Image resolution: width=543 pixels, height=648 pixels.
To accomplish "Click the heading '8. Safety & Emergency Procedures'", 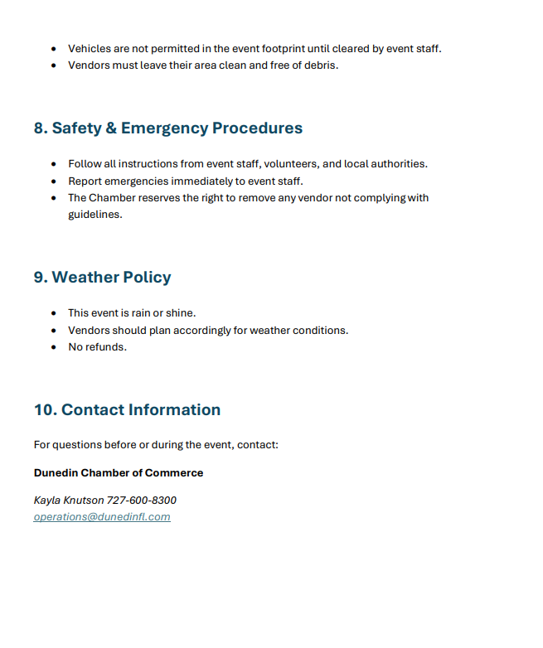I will click(x=167, y=128).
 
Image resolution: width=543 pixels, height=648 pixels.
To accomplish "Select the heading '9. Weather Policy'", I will click(x=102, y=278).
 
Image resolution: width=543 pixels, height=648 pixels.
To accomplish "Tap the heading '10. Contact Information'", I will click(x=127, y=410).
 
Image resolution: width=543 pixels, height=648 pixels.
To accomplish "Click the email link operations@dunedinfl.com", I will click(x=102, y=517).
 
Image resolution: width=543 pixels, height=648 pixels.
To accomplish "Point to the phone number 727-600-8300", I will click(x=142, y=501).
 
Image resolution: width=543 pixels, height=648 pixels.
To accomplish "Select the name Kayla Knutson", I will click(x=69, y=501).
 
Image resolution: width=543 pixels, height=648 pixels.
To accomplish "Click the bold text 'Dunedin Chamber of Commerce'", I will click(x=119, y=473).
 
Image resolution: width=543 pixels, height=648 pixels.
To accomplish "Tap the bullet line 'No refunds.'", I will click(x=97, y=347).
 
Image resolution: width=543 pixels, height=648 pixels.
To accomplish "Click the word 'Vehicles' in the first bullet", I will click(x=89, y=49).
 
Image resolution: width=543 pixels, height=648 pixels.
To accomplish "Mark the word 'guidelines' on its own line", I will click(x=95, y=215).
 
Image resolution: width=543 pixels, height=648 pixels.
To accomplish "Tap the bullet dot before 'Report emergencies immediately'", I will click(x=54, y=181).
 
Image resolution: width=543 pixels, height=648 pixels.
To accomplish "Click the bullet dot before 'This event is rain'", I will click(x=54, y=313).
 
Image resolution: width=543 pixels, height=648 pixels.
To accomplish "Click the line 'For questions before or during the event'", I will click(x=156, y=445).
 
